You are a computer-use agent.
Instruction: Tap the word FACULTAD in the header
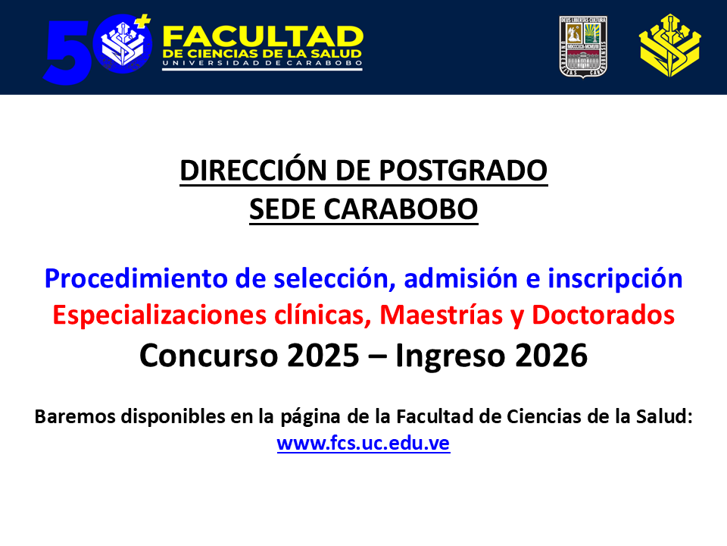[263, 36]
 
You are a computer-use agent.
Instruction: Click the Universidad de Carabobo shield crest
[583, 47]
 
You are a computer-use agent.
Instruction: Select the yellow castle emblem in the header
[670, 45]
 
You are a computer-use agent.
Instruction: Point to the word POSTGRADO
[463, 171]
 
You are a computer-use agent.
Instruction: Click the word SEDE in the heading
[282, 209]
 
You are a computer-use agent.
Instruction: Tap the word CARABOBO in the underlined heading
[401, 209]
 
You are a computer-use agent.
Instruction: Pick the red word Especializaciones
[160, 315]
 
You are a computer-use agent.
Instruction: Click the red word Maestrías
[442, 315]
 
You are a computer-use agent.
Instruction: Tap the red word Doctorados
[603, 315]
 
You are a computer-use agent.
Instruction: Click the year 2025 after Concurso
[323, 356]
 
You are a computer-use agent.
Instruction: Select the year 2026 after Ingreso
[551, 356]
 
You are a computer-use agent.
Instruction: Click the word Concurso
[209, 356]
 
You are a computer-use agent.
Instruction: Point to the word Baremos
[75, 416]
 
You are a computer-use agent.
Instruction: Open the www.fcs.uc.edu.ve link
[363, 443]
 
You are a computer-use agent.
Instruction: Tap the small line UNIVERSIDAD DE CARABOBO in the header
[263, 63]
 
